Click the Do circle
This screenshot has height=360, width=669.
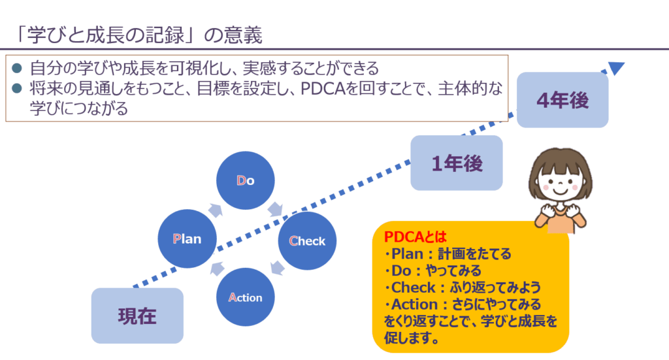tap(246, 181)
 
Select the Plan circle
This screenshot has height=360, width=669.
tap(187, 238)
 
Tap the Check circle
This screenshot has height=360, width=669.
tap(307, 240)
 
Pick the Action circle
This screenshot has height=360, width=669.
tap(246, 297)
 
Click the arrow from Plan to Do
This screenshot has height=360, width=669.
tap(215, 208)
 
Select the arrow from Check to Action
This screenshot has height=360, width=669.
tap(277, 268)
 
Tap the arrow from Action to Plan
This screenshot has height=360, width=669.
tap(216, 269)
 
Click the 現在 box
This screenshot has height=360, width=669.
tap(137, 316)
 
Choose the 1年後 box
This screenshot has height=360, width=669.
tap(457, 163)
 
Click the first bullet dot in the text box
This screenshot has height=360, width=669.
tap(17, 68)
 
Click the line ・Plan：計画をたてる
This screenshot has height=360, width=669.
tap(448, 254)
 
